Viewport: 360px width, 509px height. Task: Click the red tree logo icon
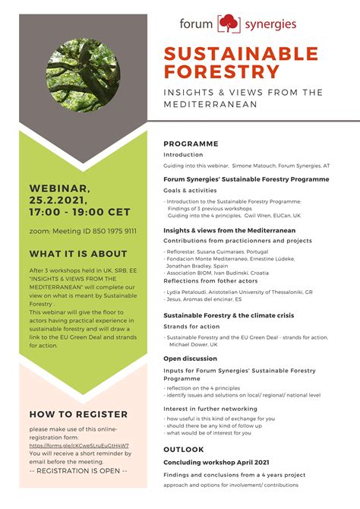229,24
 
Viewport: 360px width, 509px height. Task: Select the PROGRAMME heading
191,144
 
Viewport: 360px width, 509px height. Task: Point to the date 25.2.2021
60,200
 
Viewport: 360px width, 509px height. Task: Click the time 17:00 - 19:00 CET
80,212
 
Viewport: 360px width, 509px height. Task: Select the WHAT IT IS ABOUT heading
77,254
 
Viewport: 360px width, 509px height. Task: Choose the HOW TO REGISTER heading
78,414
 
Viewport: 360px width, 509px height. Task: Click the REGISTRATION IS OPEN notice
78,471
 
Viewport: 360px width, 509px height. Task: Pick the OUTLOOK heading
184,449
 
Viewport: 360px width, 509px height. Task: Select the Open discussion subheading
190,358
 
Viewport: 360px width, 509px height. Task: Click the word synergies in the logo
270,24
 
